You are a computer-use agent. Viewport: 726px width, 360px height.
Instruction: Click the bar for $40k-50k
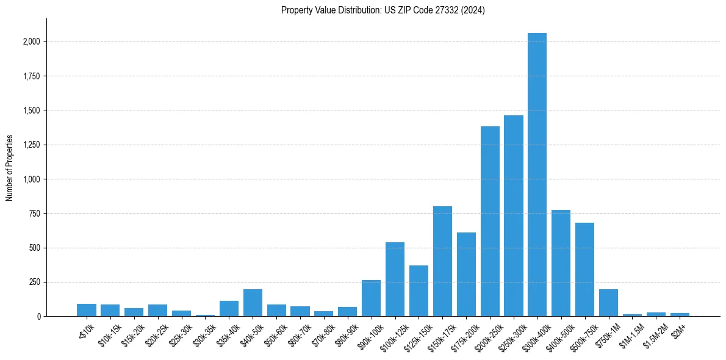pyautogui.click(x=253, y=303)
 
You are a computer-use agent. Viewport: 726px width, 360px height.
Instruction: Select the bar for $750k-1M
pyautogui.click(x=608, y=303)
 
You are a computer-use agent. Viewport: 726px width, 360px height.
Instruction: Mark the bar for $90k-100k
pyautogui.click(x=371, y=298)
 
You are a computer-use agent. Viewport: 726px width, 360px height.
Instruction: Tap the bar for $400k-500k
pyautogui.click(x=561, y=263)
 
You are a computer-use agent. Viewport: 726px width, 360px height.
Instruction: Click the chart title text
pyautogui.click(x=383, y=10)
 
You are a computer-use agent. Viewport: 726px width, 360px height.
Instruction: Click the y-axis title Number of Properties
pyautogui.click(x=10, y=168)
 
